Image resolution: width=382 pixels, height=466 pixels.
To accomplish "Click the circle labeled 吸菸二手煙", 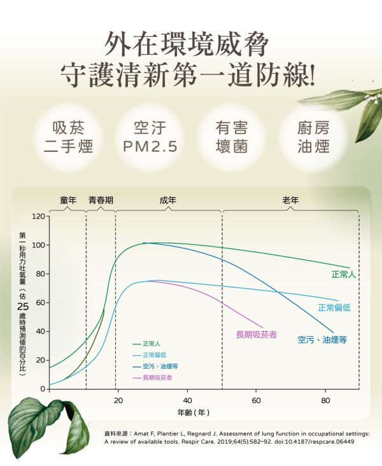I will pos(68,137).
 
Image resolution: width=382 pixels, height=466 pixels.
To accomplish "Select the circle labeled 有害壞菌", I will pos(232,137).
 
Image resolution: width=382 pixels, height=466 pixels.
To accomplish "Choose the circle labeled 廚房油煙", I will pos(313,137).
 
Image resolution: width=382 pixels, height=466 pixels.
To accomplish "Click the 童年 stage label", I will pos(68,200).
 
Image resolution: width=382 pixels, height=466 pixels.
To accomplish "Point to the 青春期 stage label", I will pos(101,200).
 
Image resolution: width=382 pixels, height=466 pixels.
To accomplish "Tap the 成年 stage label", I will pos(168,200).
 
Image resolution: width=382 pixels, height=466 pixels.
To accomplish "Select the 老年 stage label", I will pos(290,200).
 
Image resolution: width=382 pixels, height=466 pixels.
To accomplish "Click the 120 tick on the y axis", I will pos(38,217).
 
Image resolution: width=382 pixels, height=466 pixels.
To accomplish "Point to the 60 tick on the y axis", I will pos(40,303).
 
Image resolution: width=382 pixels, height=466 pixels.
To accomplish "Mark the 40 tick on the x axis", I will pos(187,401).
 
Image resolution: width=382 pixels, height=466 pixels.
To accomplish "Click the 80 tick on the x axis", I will pos(325,401).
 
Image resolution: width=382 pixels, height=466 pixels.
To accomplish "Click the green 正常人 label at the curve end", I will pos(343,275).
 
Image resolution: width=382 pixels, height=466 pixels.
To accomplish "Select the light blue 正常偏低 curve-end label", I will pos(334,308).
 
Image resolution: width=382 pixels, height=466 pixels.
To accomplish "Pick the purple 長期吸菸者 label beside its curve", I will pos(256,334).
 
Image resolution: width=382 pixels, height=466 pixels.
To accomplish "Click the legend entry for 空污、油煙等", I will pos(157,367).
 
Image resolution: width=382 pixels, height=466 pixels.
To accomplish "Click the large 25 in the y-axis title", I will pos(23,306).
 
